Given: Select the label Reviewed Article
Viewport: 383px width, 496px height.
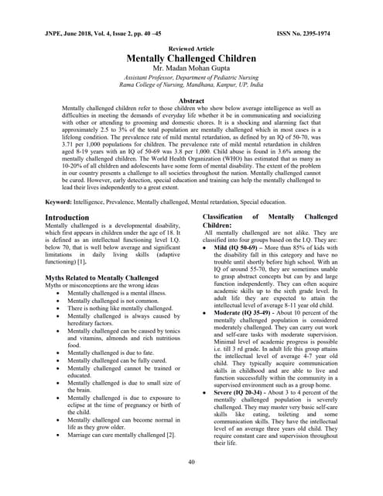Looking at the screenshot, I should point(191,48).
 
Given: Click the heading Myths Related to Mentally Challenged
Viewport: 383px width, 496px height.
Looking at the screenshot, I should point(101,277).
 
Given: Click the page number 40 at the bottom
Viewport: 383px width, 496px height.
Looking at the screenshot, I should point(191,462).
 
